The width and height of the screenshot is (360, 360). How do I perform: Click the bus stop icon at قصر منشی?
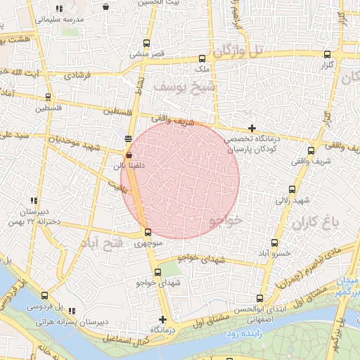coord(146,43)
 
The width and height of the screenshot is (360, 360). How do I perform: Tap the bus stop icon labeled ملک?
coord(202,59)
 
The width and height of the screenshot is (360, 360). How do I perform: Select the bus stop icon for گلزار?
coord(327,54)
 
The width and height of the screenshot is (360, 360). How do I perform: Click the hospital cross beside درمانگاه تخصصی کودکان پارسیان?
coord(252,128)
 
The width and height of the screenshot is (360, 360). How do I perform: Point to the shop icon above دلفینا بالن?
coord(128,154)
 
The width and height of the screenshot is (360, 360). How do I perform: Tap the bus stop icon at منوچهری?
coord(148,233)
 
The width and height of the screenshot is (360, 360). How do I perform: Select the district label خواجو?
coord(226,220)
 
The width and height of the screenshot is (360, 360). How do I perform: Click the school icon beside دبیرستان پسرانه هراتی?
coord(71,311)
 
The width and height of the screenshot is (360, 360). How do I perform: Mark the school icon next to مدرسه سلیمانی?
coord(59,8)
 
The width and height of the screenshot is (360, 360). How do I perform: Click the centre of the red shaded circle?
coord(180,180)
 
